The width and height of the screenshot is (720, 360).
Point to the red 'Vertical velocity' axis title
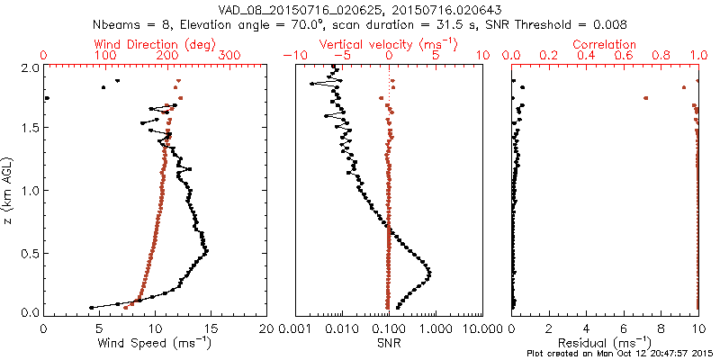[x=388, y=44]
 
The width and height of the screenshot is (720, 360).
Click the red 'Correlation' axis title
[x=606, y=44]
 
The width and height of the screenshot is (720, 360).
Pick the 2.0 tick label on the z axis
[x=30, y=67]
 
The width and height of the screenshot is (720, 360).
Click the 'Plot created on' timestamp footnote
[x=622, y=353]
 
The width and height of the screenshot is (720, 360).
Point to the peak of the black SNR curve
[x=429, y=273]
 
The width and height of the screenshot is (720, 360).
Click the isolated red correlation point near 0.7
[x=645, y=98]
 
